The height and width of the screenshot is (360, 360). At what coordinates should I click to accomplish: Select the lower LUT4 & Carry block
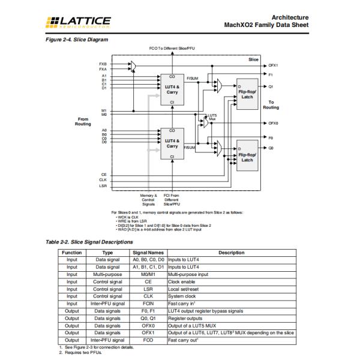click(x=172, y=143)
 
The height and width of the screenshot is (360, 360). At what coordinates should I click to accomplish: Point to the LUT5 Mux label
click(x=212, y=117)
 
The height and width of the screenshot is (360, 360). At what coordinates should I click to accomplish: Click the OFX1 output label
click(x=273, y=65)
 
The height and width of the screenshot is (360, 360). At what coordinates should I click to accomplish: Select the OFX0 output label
click(x=273, y=123)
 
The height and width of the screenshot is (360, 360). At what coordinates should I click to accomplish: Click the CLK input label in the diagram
click(x=104, y=179)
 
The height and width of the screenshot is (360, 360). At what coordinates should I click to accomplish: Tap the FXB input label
click(x=103, y=63)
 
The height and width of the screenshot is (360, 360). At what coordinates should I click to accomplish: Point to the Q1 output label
click(x=271, y=86)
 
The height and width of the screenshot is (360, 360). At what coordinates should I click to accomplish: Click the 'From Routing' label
click(x=83, y=121)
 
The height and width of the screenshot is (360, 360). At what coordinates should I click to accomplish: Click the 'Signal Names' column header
click(x=148, y=253)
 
